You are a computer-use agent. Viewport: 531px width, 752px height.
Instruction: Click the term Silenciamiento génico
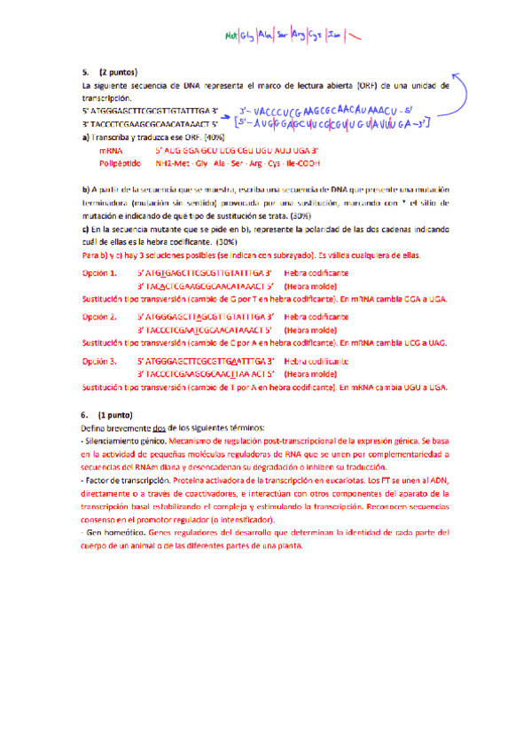[x=124, y=440]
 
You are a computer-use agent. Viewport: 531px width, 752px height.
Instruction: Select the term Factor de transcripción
[x=125, y=480]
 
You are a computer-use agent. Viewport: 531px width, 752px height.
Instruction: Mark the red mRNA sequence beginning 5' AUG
[x=236, y=152]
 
